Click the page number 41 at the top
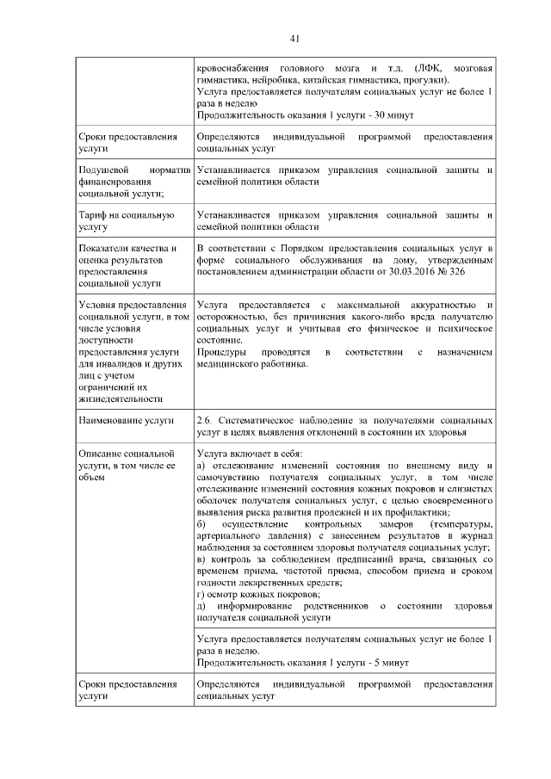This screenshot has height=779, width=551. click(294, 38)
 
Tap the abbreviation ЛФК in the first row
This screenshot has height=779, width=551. click(427, 67)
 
